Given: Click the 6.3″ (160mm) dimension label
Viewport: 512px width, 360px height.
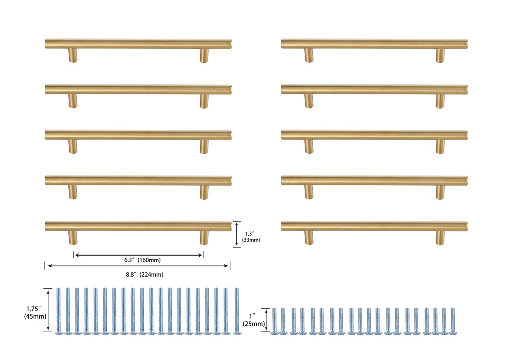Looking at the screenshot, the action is tap(143, 260).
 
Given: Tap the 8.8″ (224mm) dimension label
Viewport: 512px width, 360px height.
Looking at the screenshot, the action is tap(145, 275).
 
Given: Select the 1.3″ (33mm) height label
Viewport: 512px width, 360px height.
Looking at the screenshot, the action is tap(251, 237).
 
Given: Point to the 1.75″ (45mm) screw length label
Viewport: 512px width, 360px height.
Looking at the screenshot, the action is tap(35, 313).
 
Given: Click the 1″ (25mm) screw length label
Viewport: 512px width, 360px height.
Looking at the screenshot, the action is tap(254, 320).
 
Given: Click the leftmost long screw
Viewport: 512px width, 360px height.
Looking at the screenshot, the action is tap(58, 311).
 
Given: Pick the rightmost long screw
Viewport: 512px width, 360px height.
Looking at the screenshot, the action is tap(237, 311).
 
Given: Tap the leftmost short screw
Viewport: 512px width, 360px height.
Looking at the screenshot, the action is tap(274, 321).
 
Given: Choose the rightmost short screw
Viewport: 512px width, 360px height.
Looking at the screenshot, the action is tap(453, 321).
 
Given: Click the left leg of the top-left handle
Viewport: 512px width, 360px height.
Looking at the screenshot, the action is tap(73, 56).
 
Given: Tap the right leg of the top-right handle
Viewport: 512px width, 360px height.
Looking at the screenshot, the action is tap(440, 56).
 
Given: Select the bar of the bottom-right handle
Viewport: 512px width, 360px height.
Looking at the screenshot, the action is tap(375, 226).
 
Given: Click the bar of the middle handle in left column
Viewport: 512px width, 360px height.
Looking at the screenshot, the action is tap(138, 135).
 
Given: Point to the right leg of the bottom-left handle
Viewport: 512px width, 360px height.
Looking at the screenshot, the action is tap(204, 238).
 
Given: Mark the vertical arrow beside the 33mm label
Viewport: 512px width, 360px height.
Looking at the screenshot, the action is tap(237, 234).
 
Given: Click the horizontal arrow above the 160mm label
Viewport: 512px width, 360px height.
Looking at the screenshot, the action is tap(139, 255).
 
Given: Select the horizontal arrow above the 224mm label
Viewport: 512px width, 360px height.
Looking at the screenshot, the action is tap(137, 266).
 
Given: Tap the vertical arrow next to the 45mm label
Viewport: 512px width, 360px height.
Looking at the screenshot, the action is tap(48, 310).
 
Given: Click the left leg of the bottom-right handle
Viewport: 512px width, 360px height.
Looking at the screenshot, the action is tap(309, 238).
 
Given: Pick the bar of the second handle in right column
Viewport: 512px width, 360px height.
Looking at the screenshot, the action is tap(375, 89).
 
